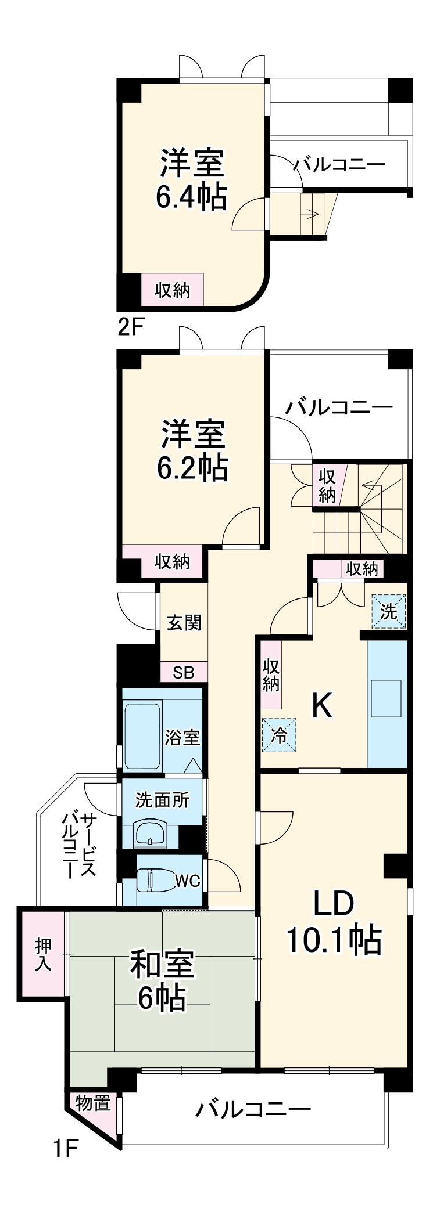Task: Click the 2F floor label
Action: pyautogui.click(x=130, y=328)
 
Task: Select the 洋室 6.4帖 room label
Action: pyautogui.click(x=191, y=179)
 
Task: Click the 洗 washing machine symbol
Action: pyautogui.click(x=388, y=611)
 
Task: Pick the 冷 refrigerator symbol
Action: pyautogui.click(x=279, y=735)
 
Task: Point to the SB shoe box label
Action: pyautogui.click(x=184, y=672)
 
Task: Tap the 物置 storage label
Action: pyautogui.click(x=93, y=1102)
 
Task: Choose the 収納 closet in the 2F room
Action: pyautogui.click(x=173, y=290)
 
